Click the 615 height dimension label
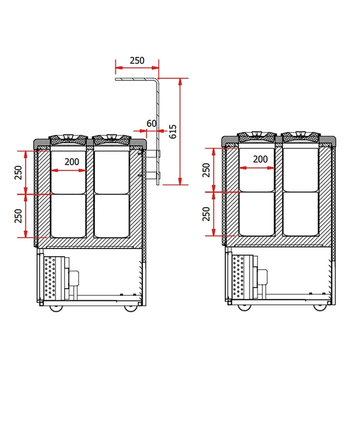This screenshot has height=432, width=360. coord(172,131)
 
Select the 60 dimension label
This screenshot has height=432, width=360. coord(151,123)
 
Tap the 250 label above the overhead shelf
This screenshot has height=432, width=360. coord(137,60)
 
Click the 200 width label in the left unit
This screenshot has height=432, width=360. coord(72,162)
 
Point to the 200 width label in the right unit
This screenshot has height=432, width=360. coord(260,159)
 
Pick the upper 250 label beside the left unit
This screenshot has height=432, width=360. coord(18,172)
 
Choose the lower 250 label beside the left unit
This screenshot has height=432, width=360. coord(18,216)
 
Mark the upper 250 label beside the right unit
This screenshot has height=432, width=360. coord(207,170)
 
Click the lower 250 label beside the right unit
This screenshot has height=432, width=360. coord(207,214)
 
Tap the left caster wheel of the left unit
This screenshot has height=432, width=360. coord(56,308)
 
